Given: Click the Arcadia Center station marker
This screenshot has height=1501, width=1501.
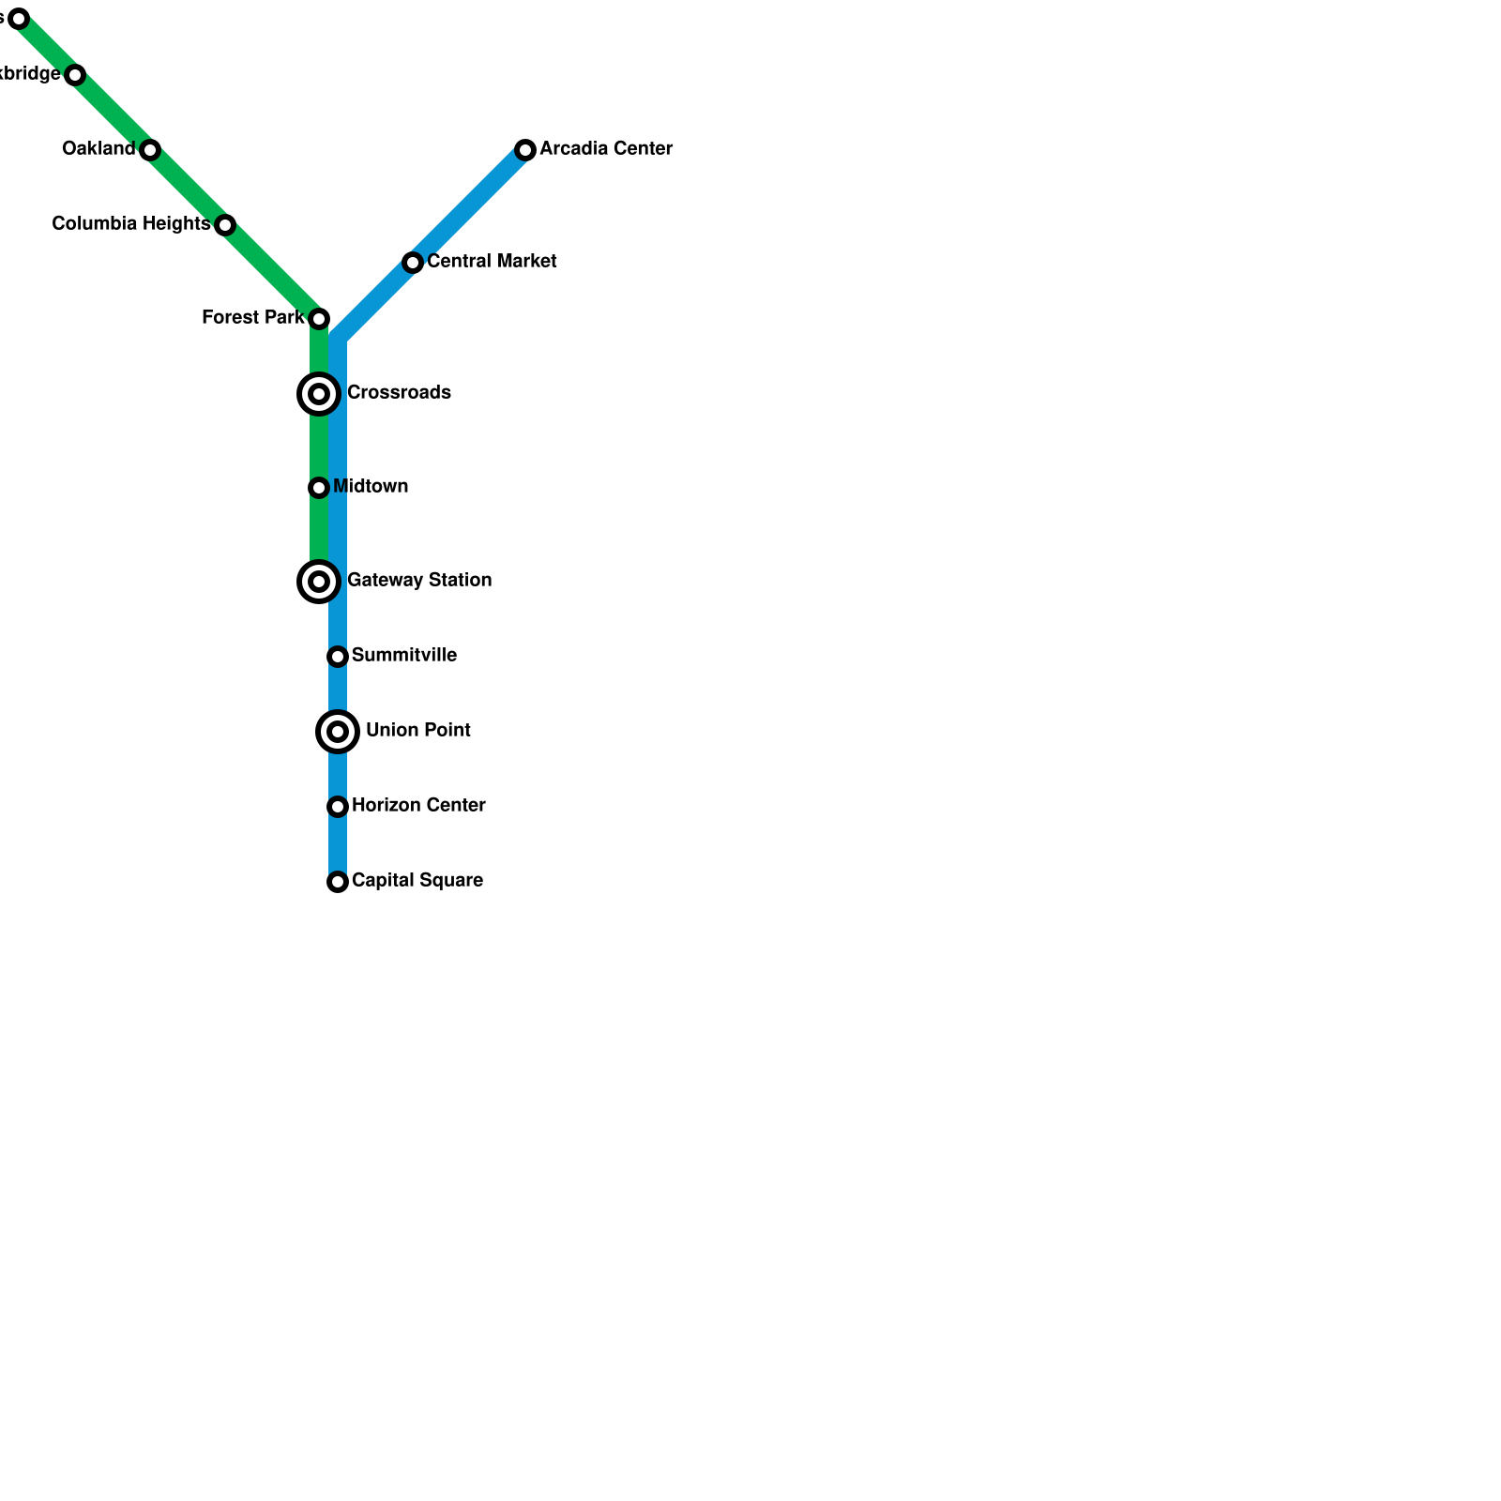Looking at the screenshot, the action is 525,150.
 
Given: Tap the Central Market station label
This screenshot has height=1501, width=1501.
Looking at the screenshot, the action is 492,262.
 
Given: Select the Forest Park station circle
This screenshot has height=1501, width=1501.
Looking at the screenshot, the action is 319,319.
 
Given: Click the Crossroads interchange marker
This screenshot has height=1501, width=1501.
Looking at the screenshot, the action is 319,394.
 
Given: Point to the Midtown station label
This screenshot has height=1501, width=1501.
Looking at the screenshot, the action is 371,487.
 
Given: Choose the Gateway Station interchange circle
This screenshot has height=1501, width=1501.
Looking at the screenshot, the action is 319,582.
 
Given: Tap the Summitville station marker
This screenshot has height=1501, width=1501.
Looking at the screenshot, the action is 338,657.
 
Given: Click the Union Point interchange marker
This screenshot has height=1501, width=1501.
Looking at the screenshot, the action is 338,732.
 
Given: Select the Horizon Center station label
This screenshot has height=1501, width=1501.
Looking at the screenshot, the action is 418,806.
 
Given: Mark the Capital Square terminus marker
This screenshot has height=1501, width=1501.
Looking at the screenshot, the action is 338,882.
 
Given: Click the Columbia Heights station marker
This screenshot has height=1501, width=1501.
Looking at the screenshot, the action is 225,225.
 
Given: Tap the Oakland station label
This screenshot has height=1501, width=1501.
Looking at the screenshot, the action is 99,149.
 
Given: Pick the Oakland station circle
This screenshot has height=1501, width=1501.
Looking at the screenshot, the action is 150,150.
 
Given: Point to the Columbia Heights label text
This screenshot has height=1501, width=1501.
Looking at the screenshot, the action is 130,224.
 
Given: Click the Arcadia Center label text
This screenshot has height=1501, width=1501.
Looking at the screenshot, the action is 606,149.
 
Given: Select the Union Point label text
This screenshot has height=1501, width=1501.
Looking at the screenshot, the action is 418,731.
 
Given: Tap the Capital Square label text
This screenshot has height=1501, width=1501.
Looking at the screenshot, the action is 417,881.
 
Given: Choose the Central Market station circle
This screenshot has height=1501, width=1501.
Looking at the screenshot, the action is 413,263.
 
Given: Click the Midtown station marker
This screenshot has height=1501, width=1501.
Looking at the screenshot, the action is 319,488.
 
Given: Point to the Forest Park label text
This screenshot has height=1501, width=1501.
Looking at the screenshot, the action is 252,318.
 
